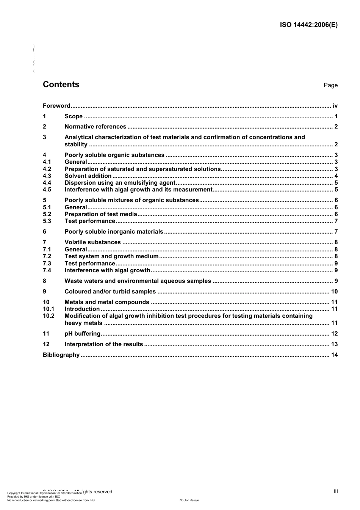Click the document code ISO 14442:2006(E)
click(308, 25)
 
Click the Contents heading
click(61, 85)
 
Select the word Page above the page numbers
click(330, 85)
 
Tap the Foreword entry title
click(56, 106)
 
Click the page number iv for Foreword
click(335, 106)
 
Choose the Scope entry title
click(74, 116)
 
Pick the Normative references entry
click(95, 127)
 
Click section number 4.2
click(47, 169)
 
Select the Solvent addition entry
click(88, 176)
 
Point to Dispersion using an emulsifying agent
click(120, 183)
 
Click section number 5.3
click(47, 221)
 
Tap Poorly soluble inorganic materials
click(114, 232)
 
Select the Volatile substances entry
click(92, 242)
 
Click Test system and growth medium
click(111, 256)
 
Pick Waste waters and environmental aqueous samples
click(138, 281)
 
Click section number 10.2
click(49, 316)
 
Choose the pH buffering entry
click(82, 334)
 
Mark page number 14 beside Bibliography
click(334, 355)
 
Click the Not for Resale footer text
click(189, 500)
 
